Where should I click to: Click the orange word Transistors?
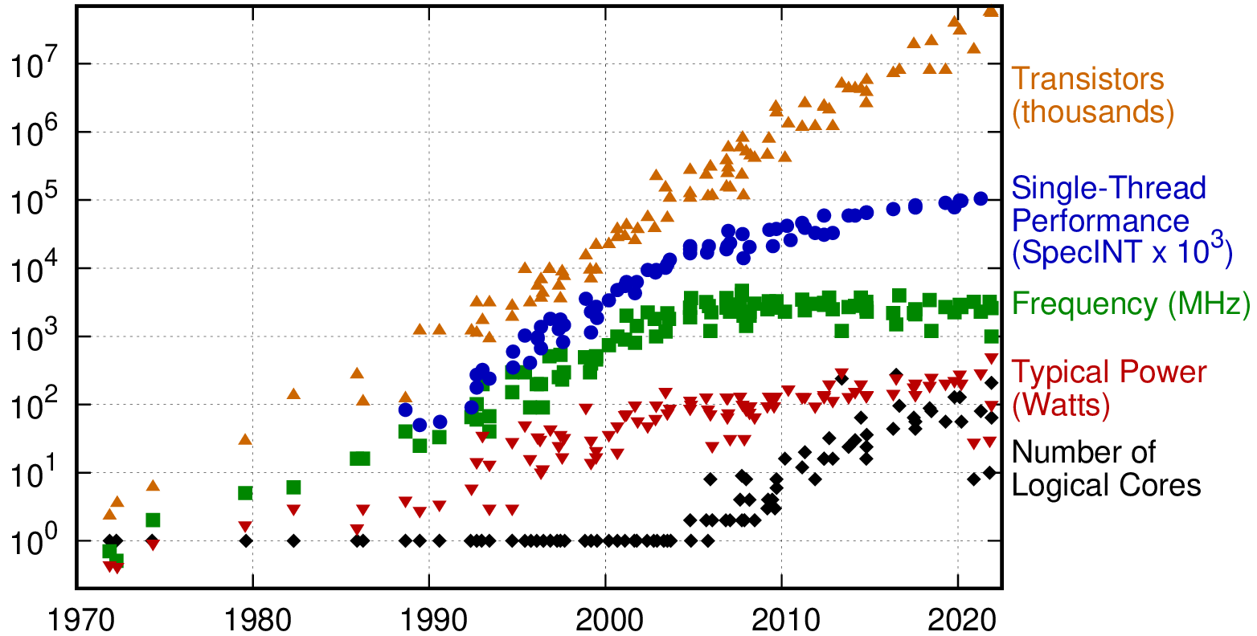click(1087, 79)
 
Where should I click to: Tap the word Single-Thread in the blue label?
click(1109, 189)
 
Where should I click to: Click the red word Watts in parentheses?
click(1061, 406)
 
